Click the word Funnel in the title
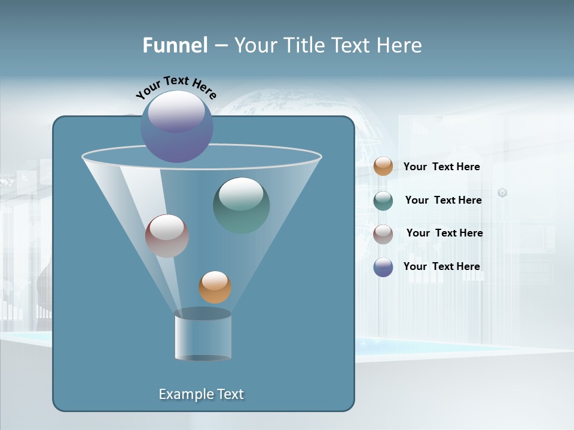pyautogui.click(x=175, y=45)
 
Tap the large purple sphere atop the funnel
pyautogui.click(x=176, y=127)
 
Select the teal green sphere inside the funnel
pyautogui.click(x=242, y=205)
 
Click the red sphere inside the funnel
pyautogui.click(x=167, y=236)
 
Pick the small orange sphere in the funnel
pyautogui.click(x=215, y=287)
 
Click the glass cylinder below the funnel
pyautogui.click(x=203, y=338)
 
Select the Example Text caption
pyautogui.click(x=201, y=394)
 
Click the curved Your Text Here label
pyautogui.click(x=176, y=87)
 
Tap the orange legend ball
pyautogui.click(x=383, y=167)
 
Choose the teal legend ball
pyautogui.click(x=383, y=201)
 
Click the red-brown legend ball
pyautogui.click(x=383, y=234)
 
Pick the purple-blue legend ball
pyautogui.click(x=383, y=267)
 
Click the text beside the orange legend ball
pyautogui.click(x=441, y=167)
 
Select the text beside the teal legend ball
pyautogui.click(x=443, y=201)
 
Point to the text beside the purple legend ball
pyautogui.click(x=441, y=267)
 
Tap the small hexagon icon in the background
pyautogui.click(x=502, y=192)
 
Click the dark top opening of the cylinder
pyautogui.click(x=203, y=314)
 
